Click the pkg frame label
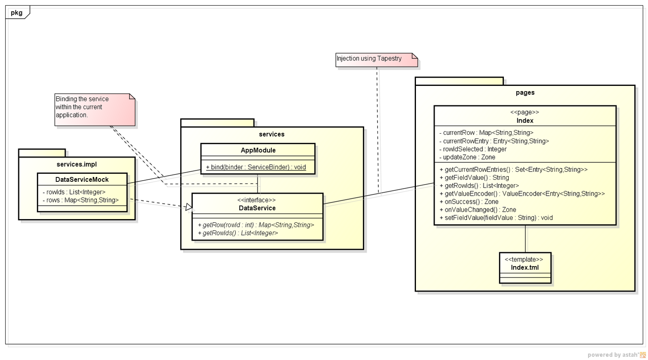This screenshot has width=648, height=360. pyautogui.click(x=17, y=13)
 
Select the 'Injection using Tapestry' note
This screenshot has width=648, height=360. pyautogui.click(x=376, y=60)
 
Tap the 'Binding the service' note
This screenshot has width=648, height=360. pyautogui.click(x=95, y=110)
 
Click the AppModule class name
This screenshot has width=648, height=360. pyautogui.click(x=258, y=150)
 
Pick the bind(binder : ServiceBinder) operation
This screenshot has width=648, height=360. pyautogui.click(x=256, y=167)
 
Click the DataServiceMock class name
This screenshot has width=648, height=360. pyautogui.click(x=82, y=179)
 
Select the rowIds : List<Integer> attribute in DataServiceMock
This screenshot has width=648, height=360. pyautogui.click(x=74, y=192)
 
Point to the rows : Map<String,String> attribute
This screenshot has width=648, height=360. pyautogui.click(x=81, y=200)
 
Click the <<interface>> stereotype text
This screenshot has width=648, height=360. pyautogui.click(x=256, y=200)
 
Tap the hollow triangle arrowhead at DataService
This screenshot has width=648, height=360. pyautogui.click(x=189, y=207)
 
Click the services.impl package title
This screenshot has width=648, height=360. pyautogui.click(x=77, y=164)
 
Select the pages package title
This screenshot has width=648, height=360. pyautogui.click(x=525, y=92)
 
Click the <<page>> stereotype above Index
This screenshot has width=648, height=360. pyautogui.click(x=524, y=112)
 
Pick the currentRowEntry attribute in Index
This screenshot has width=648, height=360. pyautogui.click(x=494, y=141)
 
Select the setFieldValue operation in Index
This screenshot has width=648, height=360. pyautogui.click(x=496, y=217)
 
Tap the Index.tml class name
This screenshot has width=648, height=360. pyautogui.click(x=525, y=268)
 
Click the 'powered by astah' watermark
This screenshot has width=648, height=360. pyautogui.click(x=613, y=354)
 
